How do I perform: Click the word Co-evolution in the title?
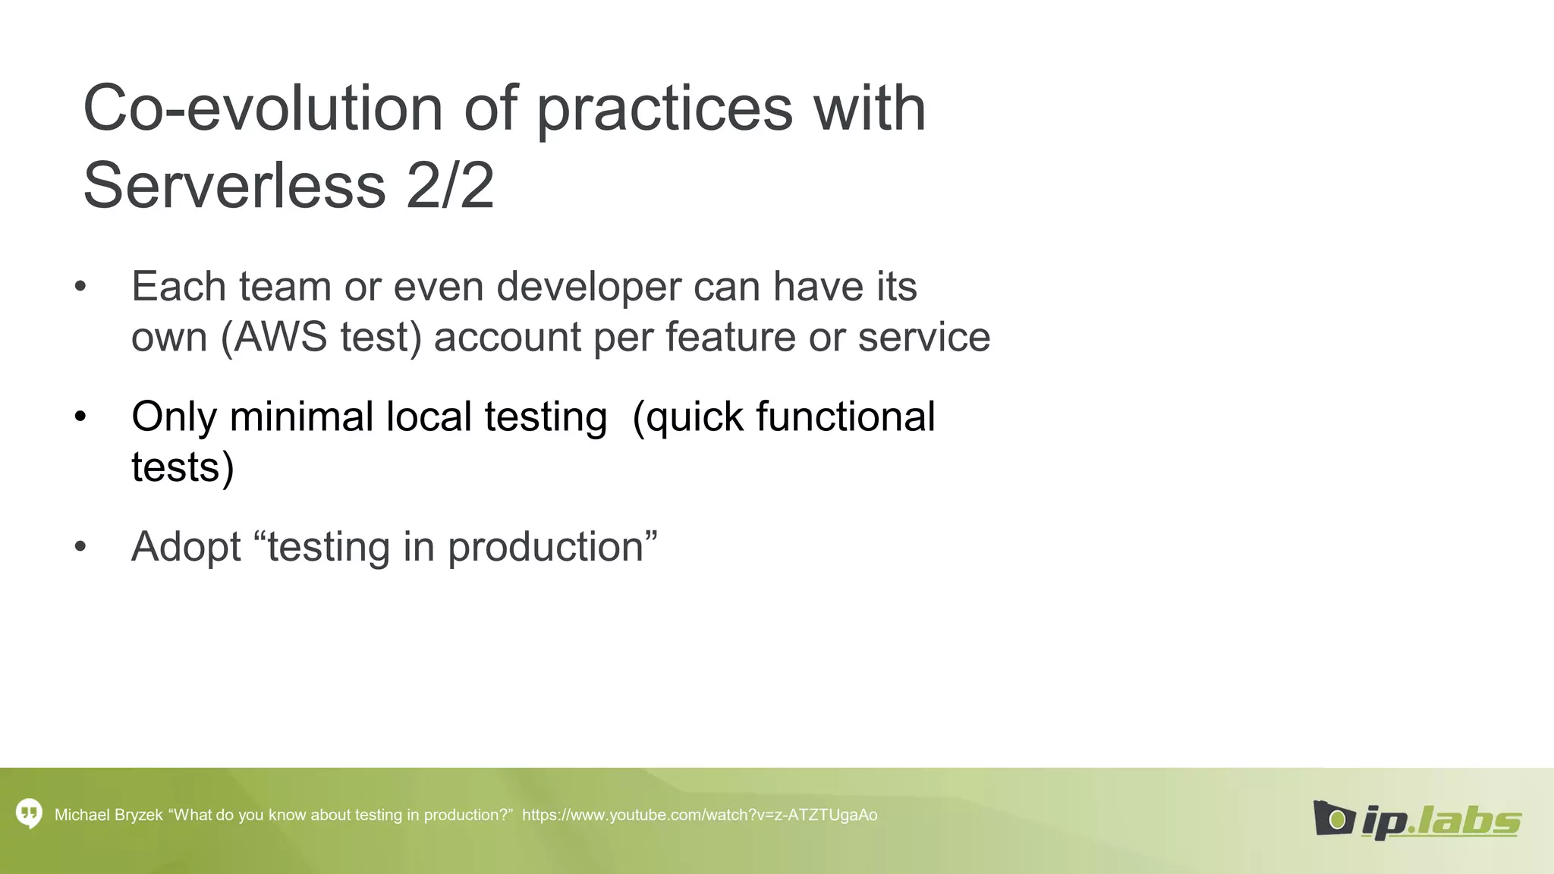pyautogui.click(x=263, y=108)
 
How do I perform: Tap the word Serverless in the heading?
pyautogui.click(x=234, y=186)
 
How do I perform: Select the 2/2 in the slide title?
pyautogui.click(x=450, y=186)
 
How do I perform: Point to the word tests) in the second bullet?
pyautogui.click(x=183, y=467)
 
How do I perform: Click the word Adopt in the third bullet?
pyautogui.click(x=186, y=547)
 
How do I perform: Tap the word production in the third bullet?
pyautogui.click(x=546, y=547)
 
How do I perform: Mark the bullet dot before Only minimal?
pyautogui.click(x=80, y=417)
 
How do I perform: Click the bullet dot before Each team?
pyautogui.click(x=80, y=287)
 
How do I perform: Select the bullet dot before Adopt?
pyautogui.click(x=80, y=547)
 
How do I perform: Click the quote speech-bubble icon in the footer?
pyautogui.click(x=29, y=814)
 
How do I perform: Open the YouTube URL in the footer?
pyautogui.click(x=700, y=815)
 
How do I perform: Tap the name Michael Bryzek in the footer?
pyautogui.click(x=109, y=815)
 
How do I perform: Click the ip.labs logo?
pyautogui.click(x=1417, y=819)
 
